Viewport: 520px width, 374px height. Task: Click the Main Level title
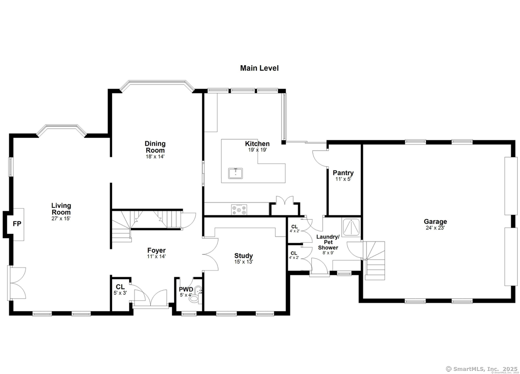click(x=259, y=68)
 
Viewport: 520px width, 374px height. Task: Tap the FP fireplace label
click(x=17, y=224)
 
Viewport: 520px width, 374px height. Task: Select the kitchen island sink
click(x=236, y=173)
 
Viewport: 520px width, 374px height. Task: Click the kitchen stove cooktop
click(x=239, y=209)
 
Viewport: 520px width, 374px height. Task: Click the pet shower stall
click(x=352, y=226)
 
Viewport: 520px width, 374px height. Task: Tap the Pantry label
click(x=343, y=173)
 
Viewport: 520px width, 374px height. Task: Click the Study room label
click(x=243, y=256)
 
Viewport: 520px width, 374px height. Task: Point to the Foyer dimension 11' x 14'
click(x=157, y=256)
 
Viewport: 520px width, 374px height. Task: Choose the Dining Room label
click(x=155, y=147)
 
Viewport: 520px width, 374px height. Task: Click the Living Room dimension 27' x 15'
click(x=61, y=218)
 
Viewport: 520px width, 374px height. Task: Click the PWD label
click(x=186, y=289)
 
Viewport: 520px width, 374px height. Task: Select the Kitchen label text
click(x=257, y=144)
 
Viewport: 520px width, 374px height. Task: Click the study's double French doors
click(x=210, y=255)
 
